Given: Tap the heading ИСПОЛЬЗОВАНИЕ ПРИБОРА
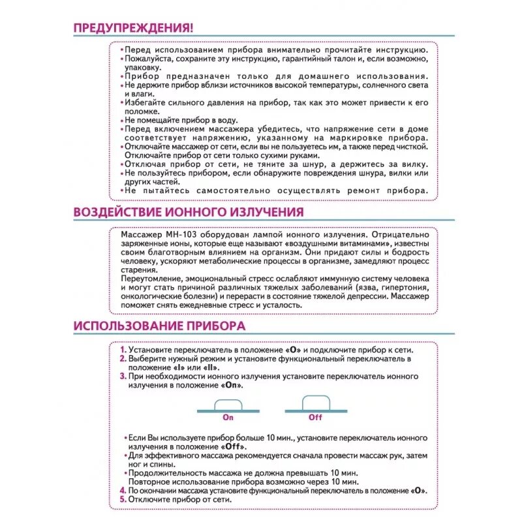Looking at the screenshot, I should tap(159, 325).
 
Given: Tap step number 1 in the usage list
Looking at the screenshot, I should tap(123, 350).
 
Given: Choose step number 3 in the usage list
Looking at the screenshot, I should tap(123, 376).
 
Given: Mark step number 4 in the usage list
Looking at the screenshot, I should tap(123, 491).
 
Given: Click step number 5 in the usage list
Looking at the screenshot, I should tap(123, 500).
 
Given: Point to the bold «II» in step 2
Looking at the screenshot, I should tap(211, 367).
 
